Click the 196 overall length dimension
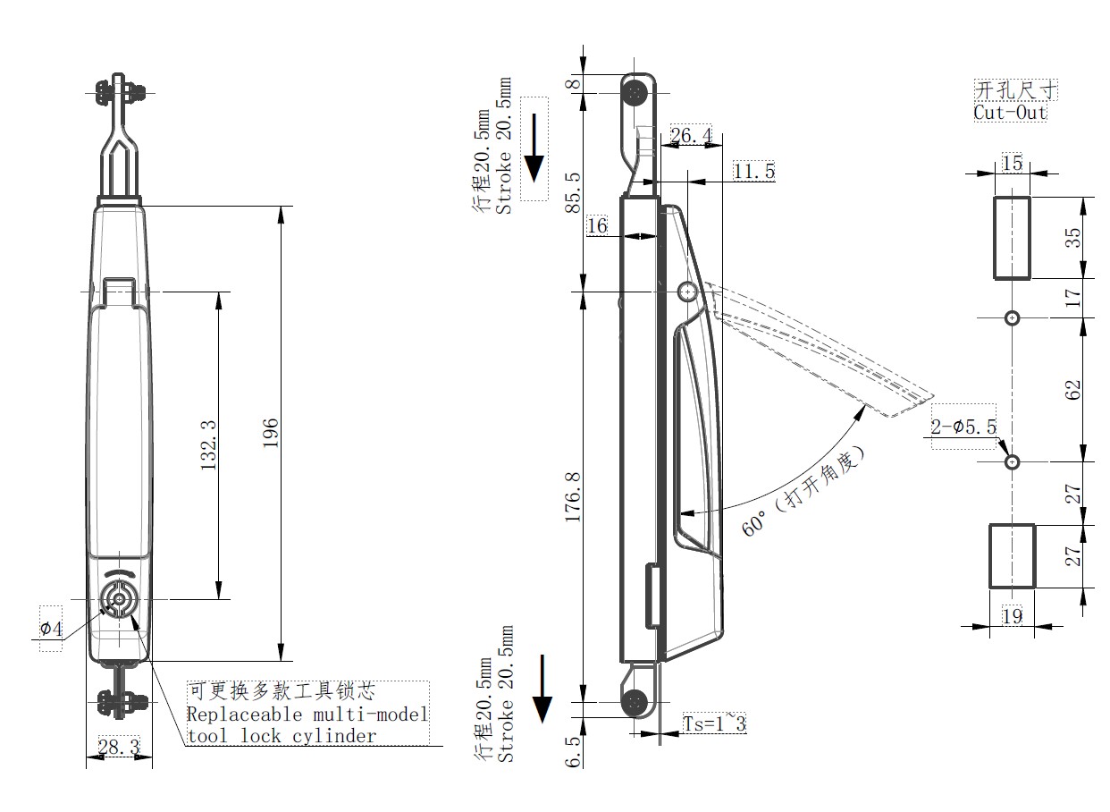(271, 433)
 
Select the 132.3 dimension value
(208, 445)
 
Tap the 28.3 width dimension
(119, 747)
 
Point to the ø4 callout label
(51, 629)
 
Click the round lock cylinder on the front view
(119, 600)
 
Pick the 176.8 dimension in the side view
(573, 497)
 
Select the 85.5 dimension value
(573, 192)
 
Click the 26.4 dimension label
(691, 135)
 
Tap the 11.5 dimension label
(753, 171)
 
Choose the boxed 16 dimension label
(597, 225)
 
